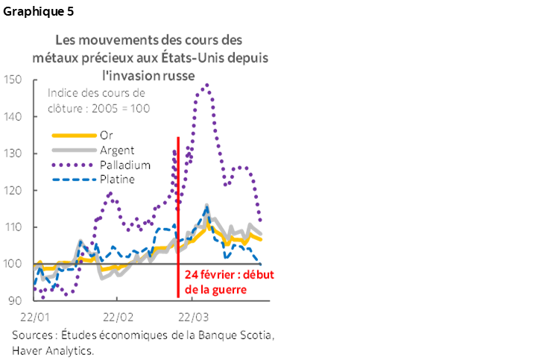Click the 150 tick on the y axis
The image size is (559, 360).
pyautogui.click(x=13, y=80)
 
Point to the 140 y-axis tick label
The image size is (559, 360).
pyautogui.click(x=13, y=116)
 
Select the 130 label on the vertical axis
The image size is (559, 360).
pyautogui.click(x=13, y=153)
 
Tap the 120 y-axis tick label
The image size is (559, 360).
pyautogui.click(x=13, y=190)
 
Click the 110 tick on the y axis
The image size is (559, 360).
pyautogui.click(x=13, y=227)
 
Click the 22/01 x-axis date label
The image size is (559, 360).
pyautogui.click(x=35, y=316)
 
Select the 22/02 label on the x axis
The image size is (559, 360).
pyautogui.click(x=118, y=316)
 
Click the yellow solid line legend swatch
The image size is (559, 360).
pyautogui.click(x=74, y=136)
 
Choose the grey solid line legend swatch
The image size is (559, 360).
pyautogui.click(x=74, y=150)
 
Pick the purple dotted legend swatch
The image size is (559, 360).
pyautogui.click(x=74, y=165)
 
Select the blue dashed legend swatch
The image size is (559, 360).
pyautogui.click(x=74, y=179)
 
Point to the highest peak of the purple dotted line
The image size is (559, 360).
pyautogui.click(x=206, y=85)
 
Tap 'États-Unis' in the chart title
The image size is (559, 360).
pyautogui.click(x=223, y=57)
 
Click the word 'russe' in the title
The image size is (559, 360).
pyautogui.click(x=180, y=75)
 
